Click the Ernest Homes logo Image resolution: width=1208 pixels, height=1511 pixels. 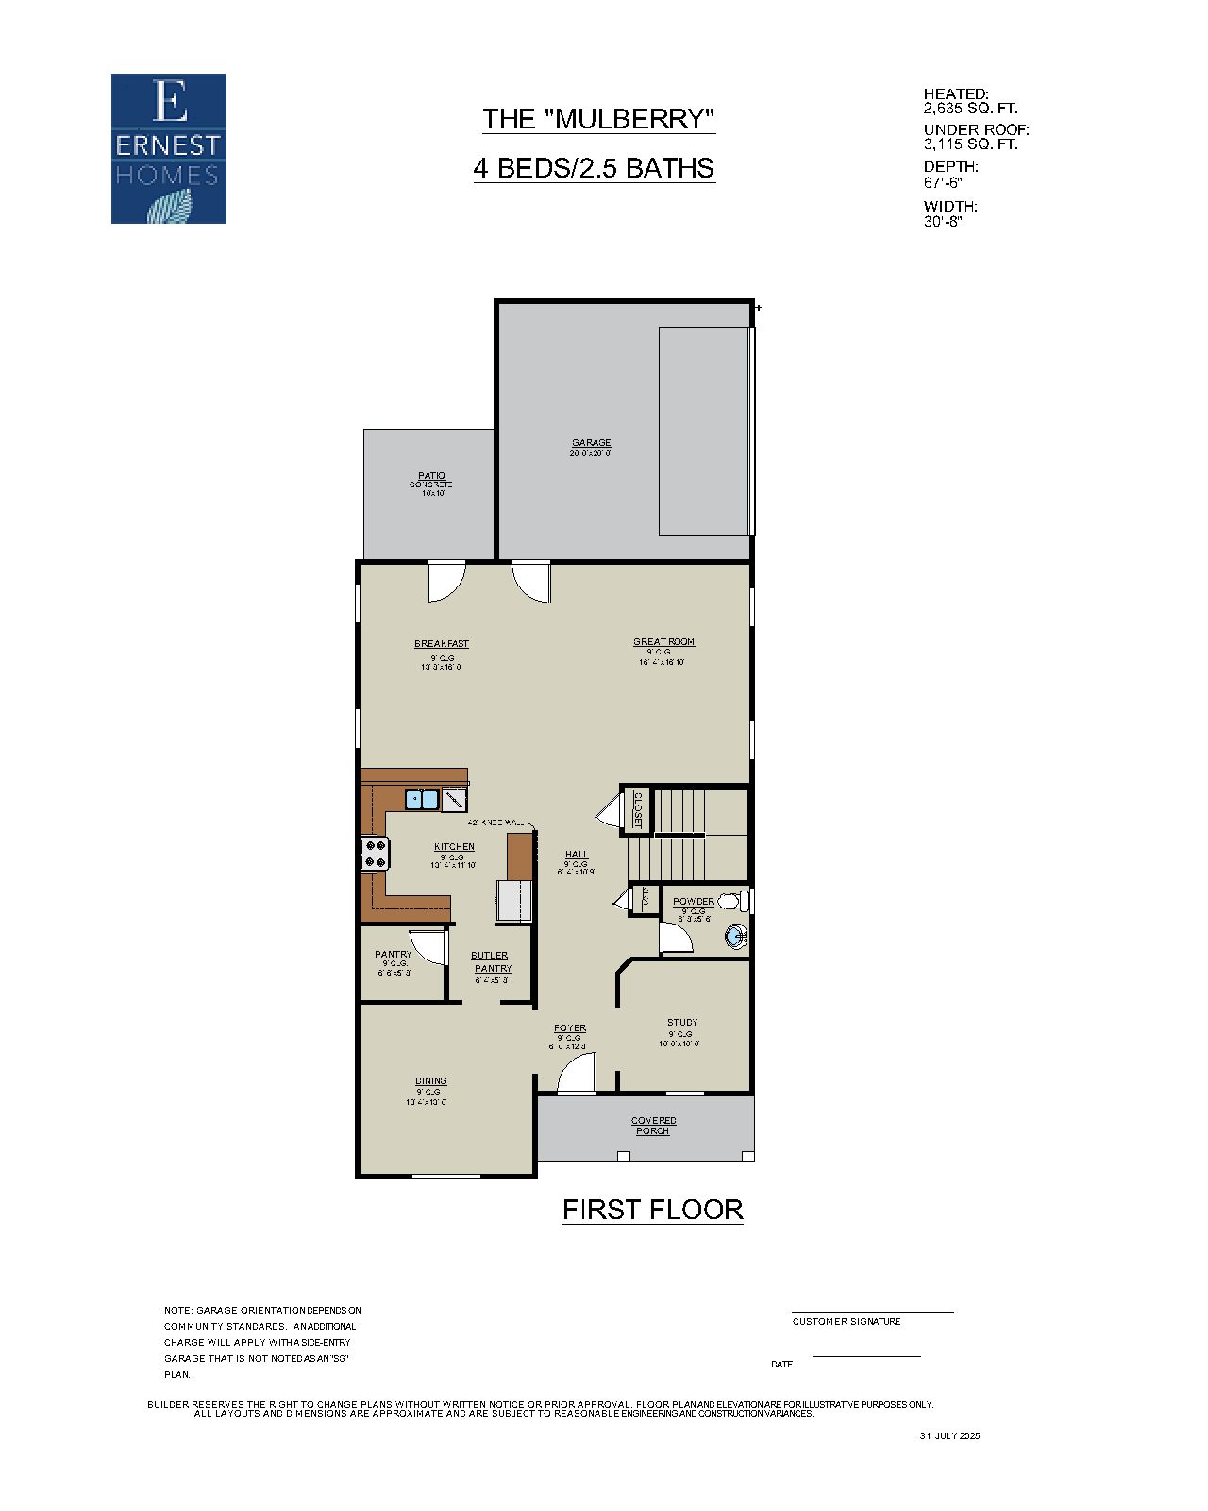[x=169, y=149]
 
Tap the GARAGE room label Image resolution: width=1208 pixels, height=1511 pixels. [x=591, y=442]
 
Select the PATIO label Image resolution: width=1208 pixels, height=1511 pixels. [x=431, y=476]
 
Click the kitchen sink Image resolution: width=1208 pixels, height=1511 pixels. [x=422, y=800]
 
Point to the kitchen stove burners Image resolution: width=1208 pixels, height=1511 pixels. [x=374, y=854]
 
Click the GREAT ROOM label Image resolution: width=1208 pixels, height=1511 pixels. [x=663, y=642]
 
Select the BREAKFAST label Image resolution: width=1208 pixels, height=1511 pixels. [x=441, y=644]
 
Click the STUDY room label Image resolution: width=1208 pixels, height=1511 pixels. [x=682, y=1023]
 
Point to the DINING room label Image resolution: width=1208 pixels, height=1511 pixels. [x=431, y=1081]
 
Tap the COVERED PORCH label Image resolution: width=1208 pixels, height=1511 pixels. [x=653, y=1126]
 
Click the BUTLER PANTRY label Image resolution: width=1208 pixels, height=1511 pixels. [x=492, y=961]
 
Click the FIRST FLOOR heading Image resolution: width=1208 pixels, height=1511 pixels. [x=652, y=1210]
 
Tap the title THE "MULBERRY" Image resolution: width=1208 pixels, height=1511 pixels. [x=598, y=119]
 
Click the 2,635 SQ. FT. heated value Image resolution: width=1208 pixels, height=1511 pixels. [x=970, y=109]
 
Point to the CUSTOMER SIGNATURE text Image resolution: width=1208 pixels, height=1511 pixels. [x=846, y=1321]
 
